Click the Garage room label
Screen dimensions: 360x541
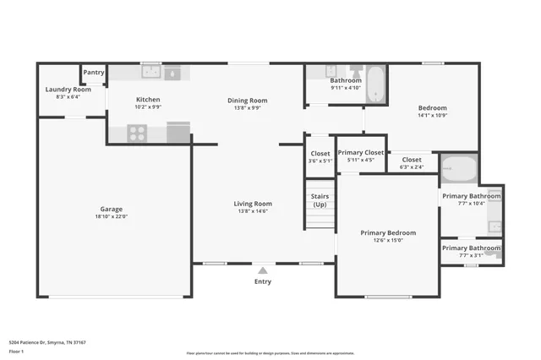pos(112,209)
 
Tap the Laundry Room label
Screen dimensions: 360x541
pos(68,89)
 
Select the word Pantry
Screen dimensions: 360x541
pos(94,73)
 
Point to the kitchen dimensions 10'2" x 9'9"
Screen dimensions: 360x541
pos(148,107)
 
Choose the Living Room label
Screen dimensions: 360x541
pos(253,203)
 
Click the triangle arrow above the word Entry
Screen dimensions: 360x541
pos(263,270)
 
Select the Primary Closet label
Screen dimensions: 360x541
pos(360,152)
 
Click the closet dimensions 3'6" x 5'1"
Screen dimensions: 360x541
pos(320,161)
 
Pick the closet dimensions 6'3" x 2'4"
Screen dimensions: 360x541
pos(412,166)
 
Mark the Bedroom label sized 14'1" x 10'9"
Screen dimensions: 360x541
pos(432,107)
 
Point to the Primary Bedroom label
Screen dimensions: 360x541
pos(388,232)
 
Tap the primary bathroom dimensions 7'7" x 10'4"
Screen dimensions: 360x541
pos(471,203)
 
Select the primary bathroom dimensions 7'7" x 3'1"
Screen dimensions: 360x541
pos(471,255)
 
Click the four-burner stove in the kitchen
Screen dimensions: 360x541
pos(137,133)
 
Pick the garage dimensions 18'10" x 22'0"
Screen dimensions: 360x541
pos(112,217)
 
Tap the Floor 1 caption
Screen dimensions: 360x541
pos(16,352)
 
